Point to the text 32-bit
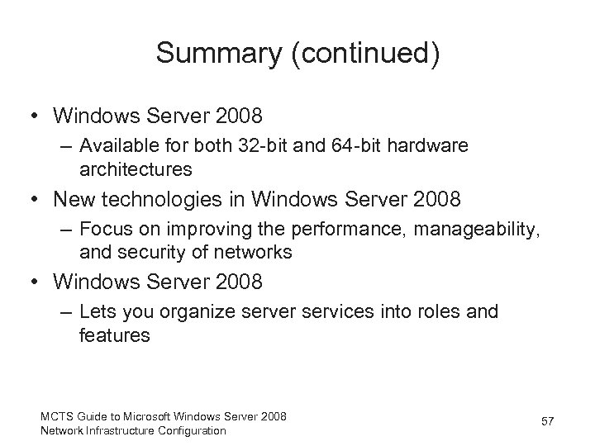(278, 145)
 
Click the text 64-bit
(369, 145)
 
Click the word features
(115, 334)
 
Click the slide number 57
(547, 423)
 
